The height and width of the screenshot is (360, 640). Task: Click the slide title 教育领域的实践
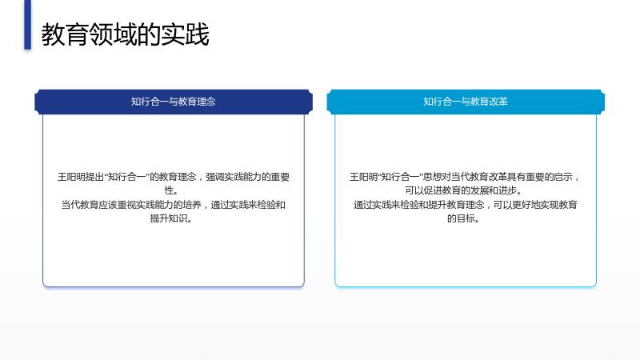125,34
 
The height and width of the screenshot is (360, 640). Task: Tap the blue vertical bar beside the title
27,25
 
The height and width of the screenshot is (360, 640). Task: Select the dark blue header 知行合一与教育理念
174,102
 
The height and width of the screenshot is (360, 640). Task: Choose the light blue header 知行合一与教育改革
466,102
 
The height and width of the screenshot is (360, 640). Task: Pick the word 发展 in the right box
479,190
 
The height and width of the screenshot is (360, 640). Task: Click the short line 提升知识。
171,218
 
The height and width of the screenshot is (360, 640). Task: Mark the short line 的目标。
464,218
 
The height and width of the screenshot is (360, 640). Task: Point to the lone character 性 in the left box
169,190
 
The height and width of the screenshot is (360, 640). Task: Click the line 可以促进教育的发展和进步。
464,190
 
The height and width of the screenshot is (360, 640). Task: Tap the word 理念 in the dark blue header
206,102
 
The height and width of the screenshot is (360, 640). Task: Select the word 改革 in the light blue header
498,102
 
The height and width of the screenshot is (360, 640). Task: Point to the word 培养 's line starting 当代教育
173,205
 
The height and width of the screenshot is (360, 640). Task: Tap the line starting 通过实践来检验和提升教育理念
466,205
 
